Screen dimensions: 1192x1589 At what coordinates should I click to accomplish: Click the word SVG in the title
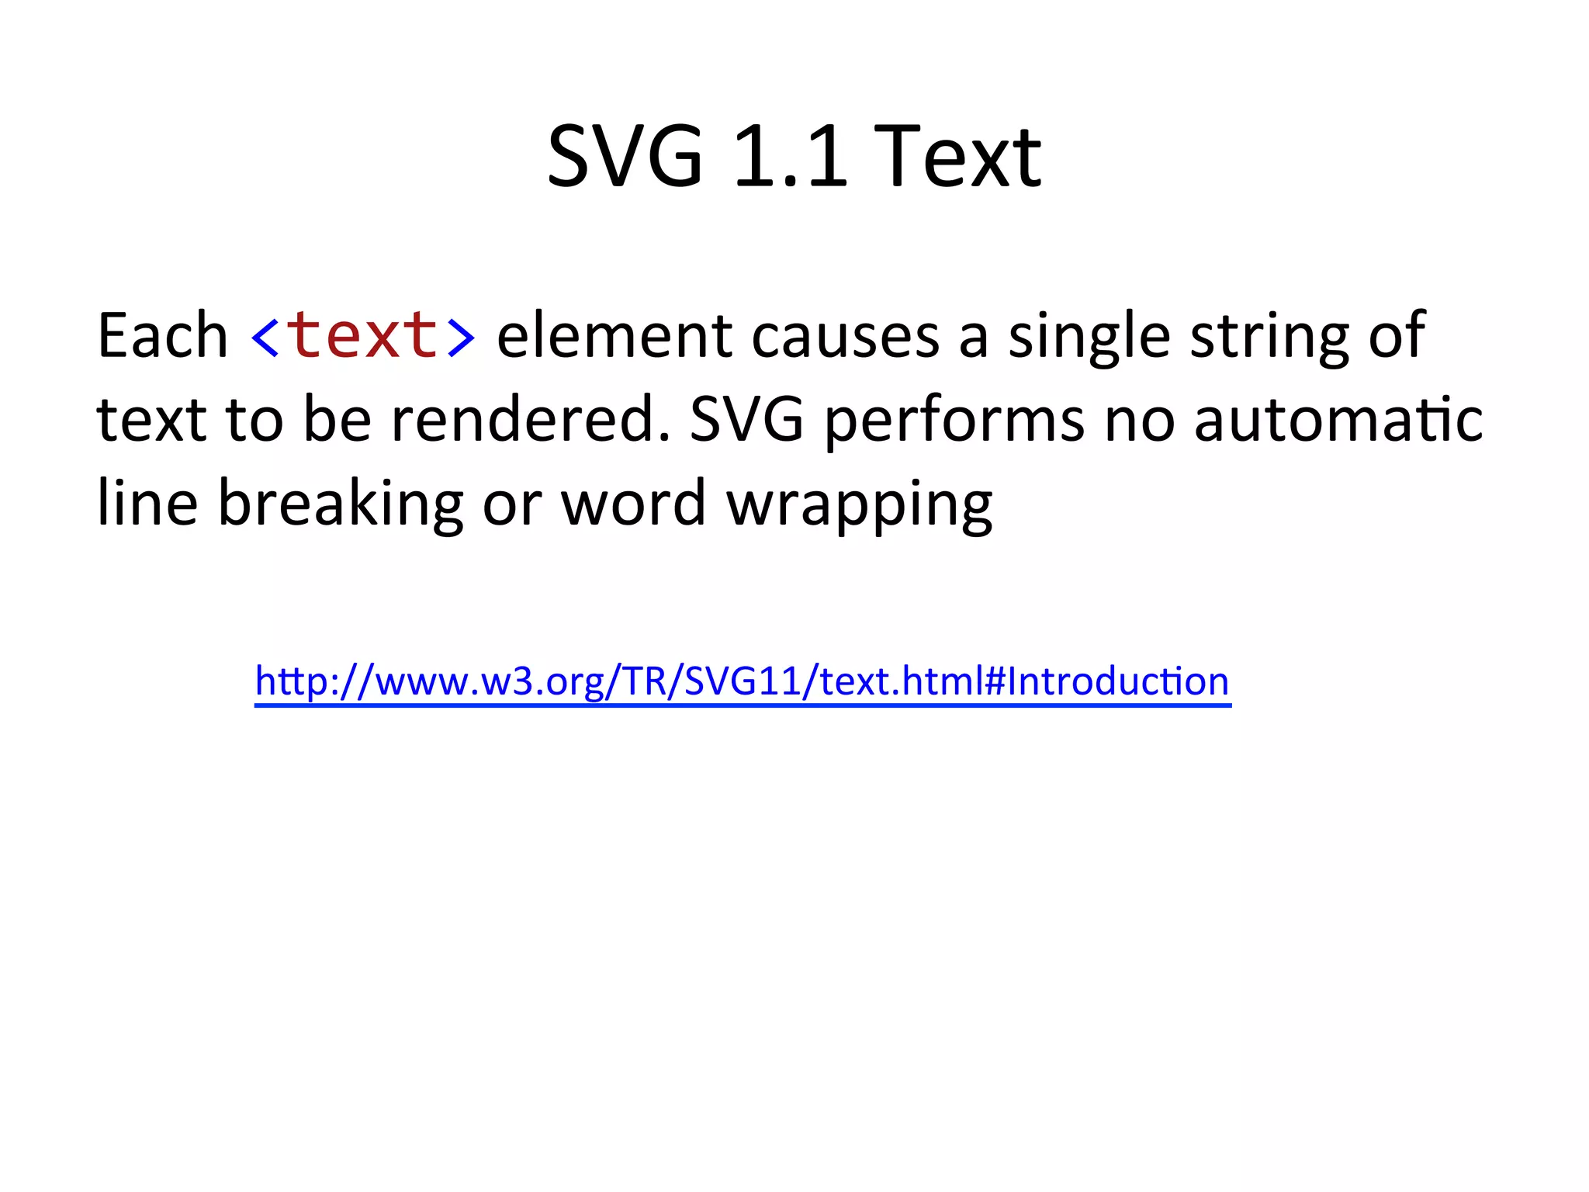pyautogui.click(x=625, y=157)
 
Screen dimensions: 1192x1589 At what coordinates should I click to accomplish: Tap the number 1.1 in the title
pyautogui.click(x=789, y=157)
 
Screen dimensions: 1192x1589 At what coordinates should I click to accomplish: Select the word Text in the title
pyautogui.click(x=957, y=157)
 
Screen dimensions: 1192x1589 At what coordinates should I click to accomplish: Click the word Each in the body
pyautogui.click(x=162, y=335)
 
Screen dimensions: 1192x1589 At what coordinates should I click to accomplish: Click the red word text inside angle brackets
pyautogui.click(x=363, y=335)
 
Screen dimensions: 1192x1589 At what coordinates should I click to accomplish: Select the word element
pyautogui.click(x=614, y=335)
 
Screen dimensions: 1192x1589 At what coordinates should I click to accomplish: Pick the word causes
pyautogui.click(x=845, y=335)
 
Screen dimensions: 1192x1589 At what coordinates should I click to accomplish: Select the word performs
pyautogui.click(x=954, y=421)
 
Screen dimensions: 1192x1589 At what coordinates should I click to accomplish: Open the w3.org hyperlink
pyautogui.click(x=742, y=681)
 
